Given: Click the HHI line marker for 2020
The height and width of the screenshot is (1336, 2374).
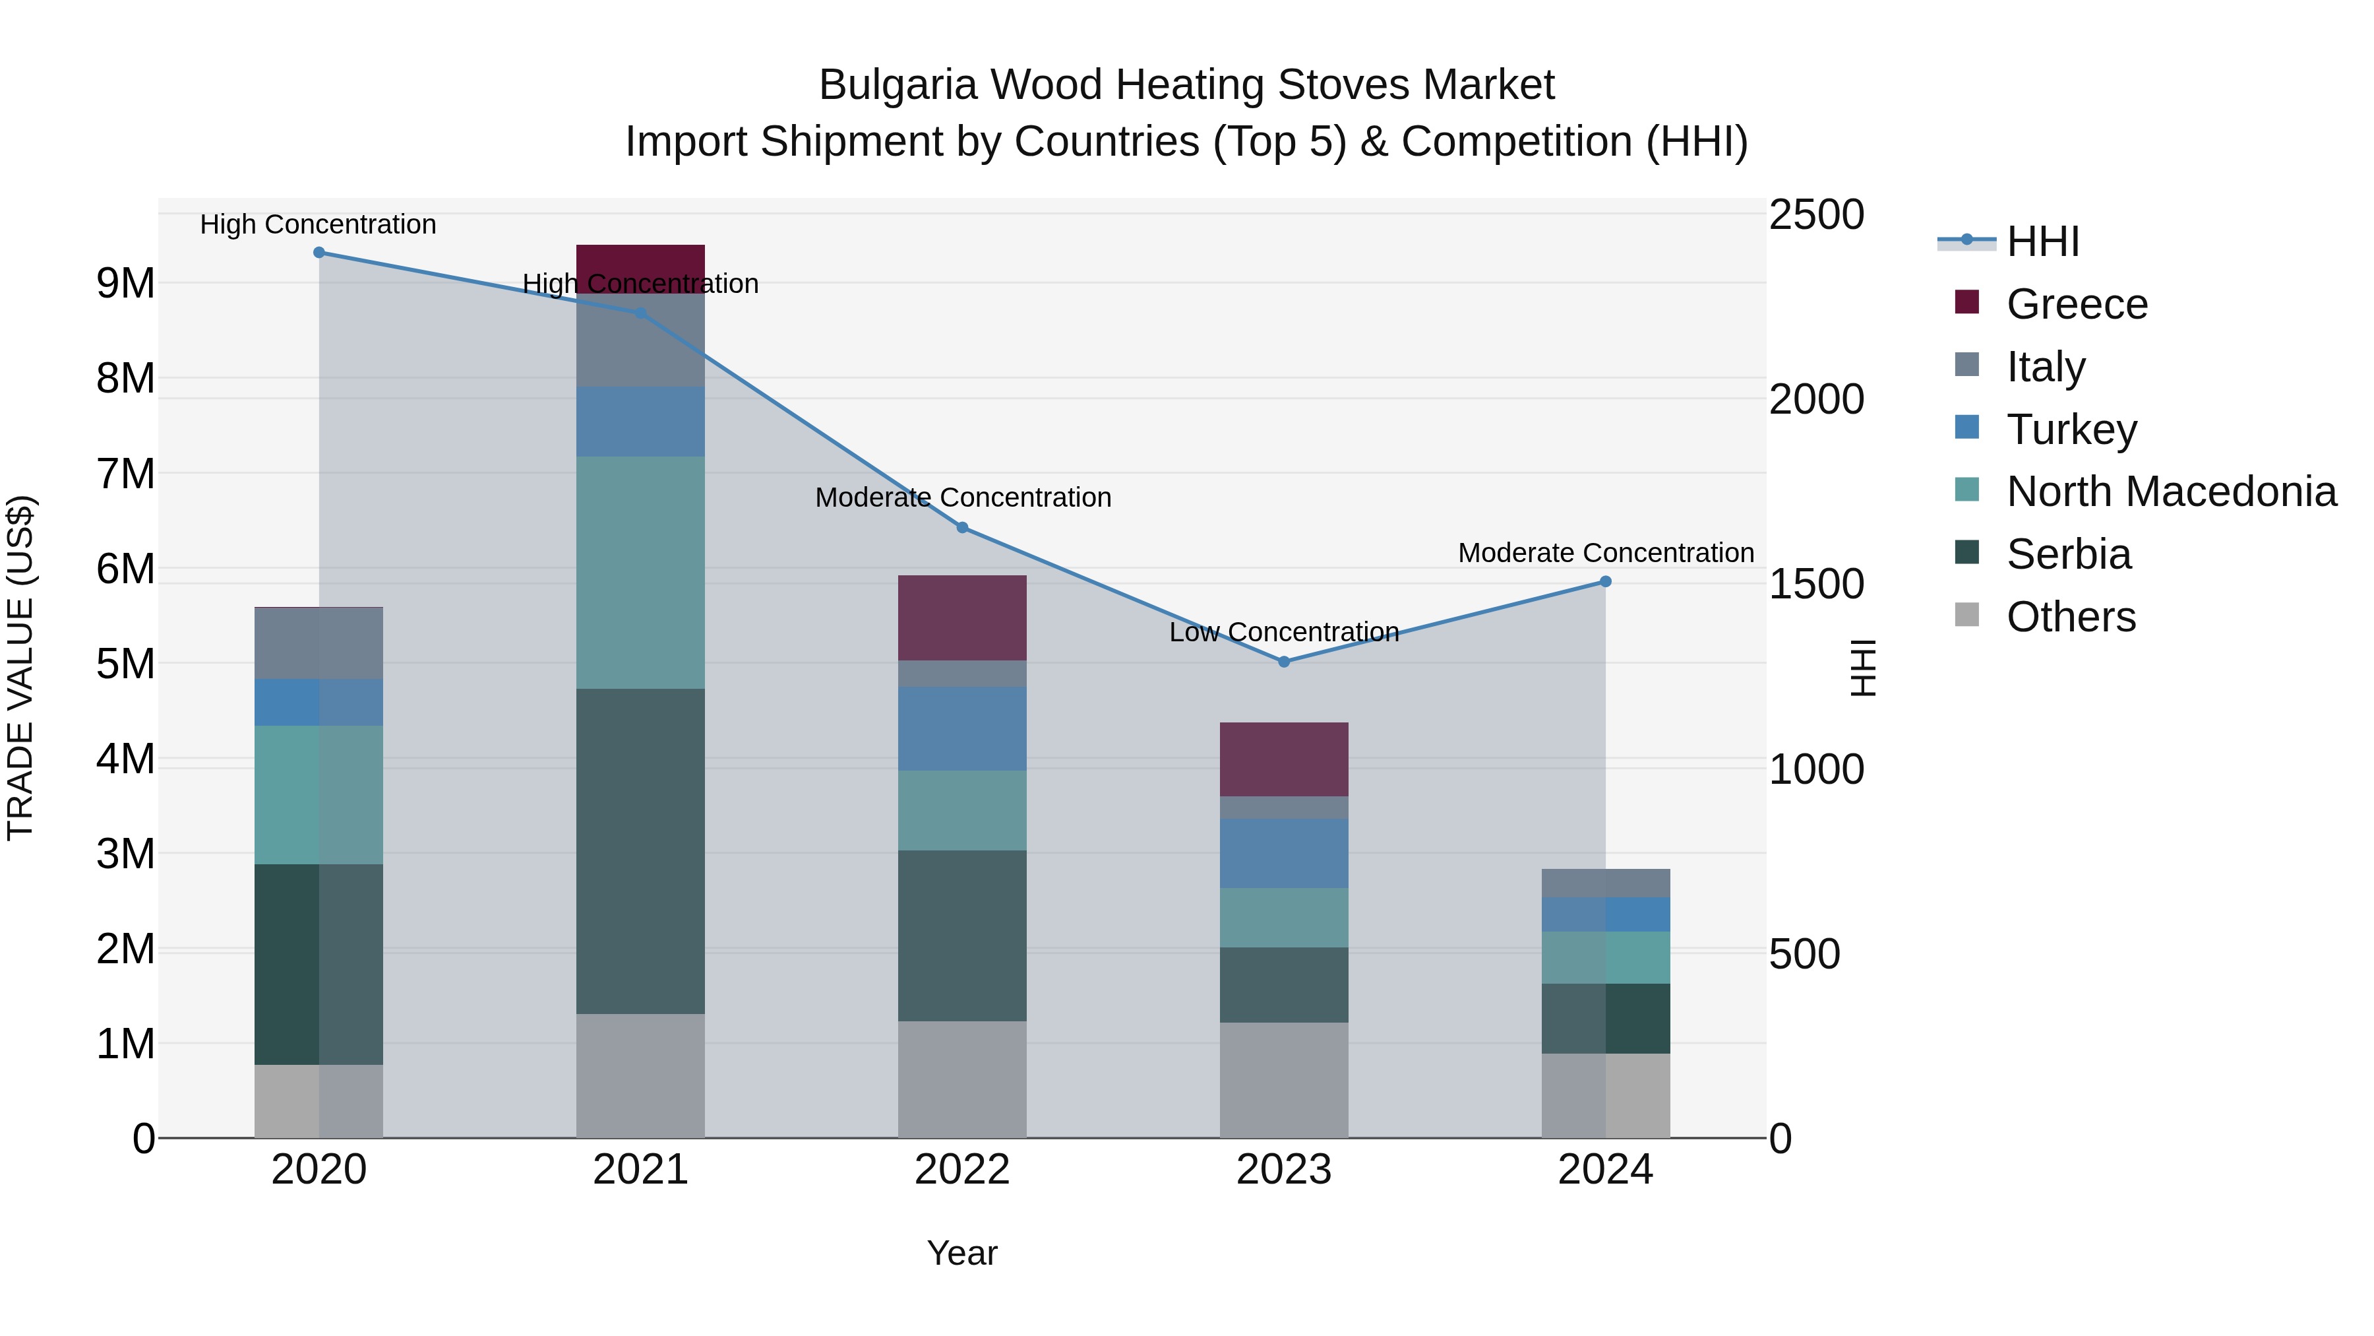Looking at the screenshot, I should point(319,253).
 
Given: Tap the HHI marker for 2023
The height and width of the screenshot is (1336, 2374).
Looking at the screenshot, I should point(1284,662).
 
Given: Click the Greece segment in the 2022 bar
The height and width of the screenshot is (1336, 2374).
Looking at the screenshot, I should point(962,618).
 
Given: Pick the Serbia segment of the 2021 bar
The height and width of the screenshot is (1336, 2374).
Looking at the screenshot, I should point(640,851).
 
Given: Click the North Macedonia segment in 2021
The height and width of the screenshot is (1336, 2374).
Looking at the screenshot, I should point(640,571).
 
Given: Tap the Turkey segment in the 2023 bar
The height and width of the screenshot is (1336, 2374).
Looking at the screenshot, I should point(1284,853).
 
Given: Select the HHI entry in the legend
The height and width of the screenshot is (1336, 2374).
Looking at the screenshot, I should point(2042,241).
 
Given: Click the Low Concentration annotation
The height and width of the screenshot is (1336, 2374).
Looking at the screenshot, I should point(1284,633).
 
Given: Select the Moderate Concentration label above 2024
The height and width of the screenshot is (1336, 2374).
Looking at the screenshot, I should point(1605,554).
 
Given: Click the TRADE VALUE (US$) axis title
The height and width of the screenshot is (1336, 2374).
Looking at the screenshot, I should point(20,668).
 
